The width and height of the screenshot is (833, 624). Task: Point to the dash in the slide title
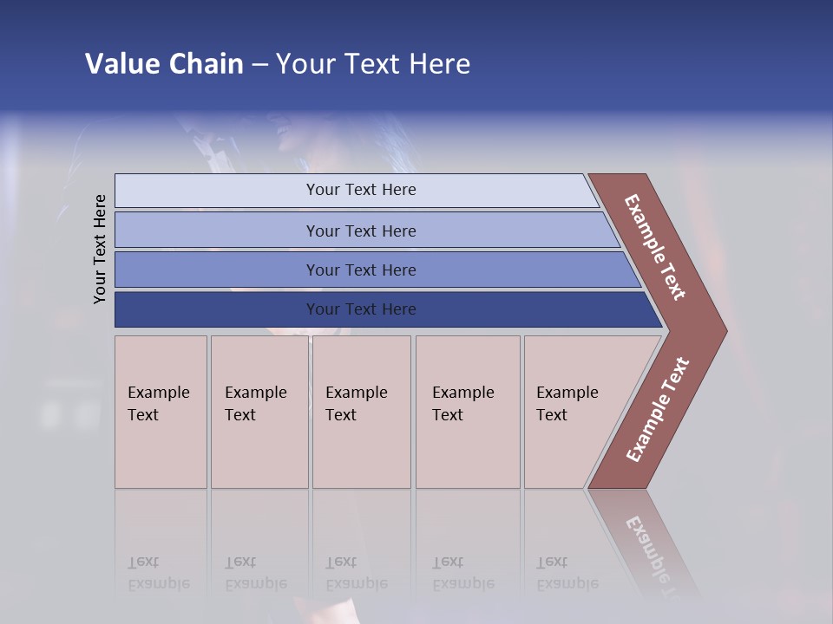pyautogui.click(x=259, y=65)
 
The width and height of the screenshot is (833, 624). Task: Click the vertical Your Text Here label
pyautogui.click(x=100, y=249)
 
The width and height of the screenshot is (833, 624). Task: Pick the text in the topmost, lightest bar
pyautogui.click(x=361, y=190)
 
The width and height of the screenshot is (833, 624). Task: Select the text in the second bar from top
pyautogui.click(x=361, y=231)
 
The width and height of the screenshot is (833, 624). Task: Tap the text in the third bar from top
pyautogui.click(x=361, y=270)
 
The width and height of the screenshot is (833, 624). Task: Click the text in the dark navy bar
pyautogui.click(x=361, y=309)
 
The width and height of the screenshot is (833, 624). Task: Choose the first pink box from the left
pyautogui.click(x=161, y=411)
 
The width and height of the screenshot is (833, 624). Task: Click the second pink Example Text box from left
pyautogui.click(x=259, y=411)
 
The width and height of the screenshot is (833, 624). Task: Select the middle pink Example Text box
pyautogui.click(x=361, y=411)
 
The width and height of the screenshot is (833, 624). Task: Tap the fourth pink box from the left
pyautogui.click(x=467, y=411)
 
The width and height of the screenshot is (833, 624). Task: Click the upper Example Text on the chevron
pyautogui.click(x=655, y=247)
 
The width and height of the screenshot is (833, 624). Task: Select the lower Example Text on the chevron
pyautogui.click(x=658, y=410)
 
